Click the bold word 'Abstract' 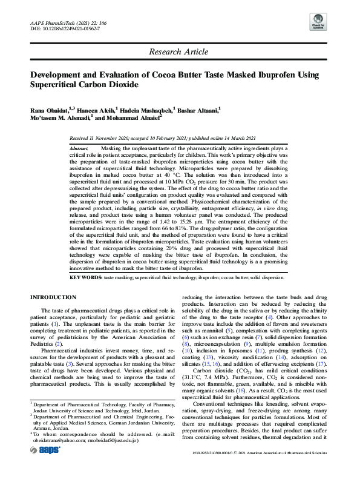(79, 148)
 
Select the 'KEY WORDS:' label (85, 277)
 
